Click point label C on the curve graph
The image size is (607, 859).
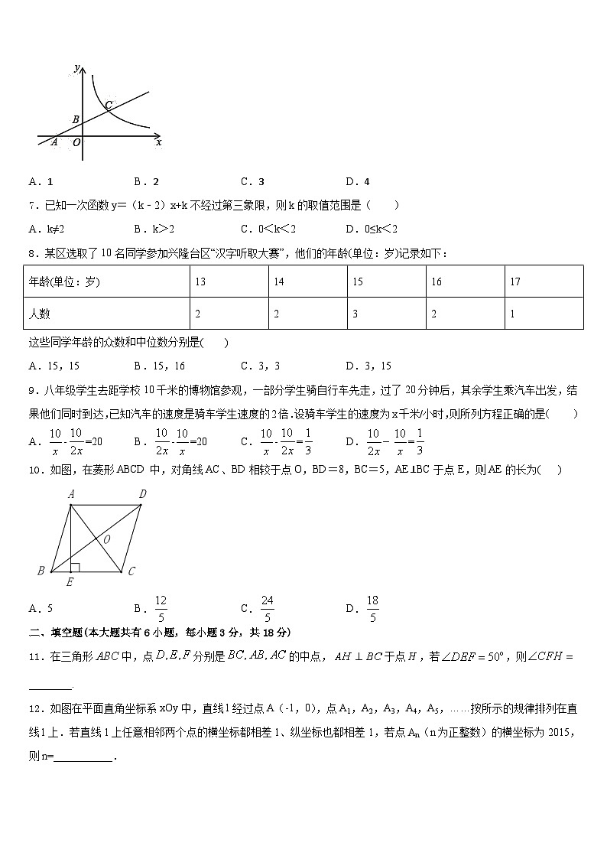109,104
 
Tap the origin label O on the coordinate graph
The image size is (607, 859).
76,142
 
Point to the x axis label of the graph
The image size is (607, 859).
158,142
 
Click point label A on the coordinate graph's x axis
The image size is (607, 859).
54,142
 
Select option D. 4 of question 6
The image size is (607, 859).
357,182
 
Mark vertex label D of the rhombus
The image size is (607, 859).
142,495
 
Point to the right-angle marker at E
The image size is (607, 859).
74,567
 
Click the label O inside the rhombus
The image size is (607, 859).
106,539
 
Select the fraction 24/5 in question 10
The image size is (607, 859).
267,609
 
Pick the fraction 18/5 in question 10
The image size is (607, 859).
372,609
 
